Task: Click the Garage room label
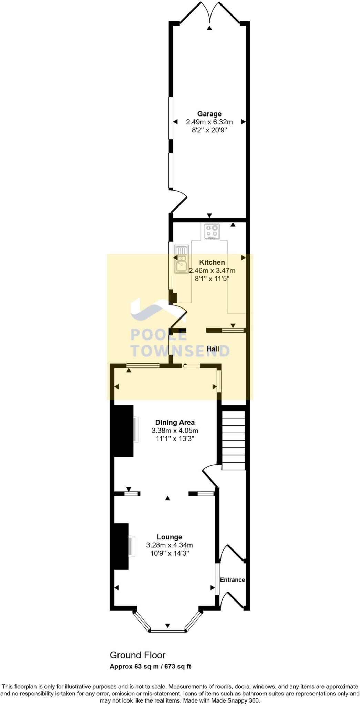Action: click(x=209, y=114)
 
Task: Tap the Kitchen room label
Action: click(x=212, y=262)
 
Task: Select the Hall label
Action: click(x=213, y=349)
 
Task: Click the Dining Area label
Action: click(x=175, y=422)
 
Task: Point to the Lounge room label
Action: click(x=169, y=537)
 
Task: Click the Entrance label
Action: click(x=232, y=580)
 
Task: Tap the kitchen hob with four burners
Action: click(x=212, y=231)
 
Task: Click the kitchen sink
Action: click(x=181, y=259)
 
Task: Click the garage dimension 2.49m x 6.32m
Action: click(x=209, y=122)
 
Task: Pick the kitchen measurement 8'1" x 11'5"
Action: click(x=212, y=279)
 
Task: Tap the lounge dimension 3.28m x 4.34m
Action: click(x=169, y=545)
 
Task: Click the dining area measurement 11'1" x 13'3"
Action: click(x=175, y=439)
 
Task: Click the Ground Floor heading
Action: click(x=137, y=655)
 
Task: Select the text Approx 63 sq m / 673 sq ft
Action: click(x=150, y=666)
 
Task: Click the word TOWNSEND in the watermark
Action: click(x=180, y=351)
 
